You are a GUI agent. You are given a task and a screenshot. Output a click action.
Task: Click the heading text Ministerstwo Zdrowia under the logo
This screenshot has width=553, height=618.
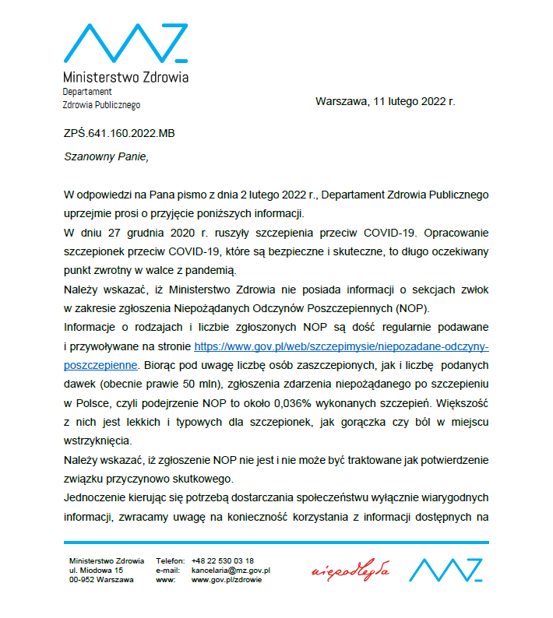[125, 77]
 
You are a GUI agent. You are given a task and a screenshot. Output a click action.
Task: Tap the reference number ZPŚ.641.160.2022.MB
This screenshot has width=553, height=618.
[119, 133]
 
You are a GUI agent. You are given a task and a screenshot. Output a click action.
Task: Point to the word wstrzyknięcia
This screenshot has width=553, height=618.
[98, 440]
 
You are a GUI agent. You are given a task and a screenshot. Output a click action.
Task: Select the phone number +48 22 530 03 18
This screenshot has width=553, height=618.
[223, 560]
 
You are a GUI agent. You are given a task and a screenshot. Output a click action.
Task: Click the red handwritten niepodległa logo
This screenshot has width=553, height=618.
[350, 571]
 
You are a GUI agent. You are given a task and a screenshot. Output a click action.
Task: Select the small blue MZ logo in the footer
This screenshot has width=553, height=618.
[446, 571]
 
